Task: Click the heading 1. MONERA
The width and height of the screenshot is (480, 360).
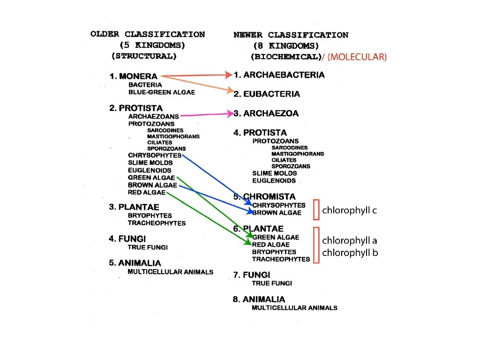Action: tap(134, 76)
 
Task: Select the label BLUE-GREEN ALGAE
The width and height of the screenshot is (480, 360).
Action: tap(162, 92)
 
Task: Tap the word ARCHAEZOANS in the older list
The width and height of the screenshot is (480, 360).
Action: tap(153, 116)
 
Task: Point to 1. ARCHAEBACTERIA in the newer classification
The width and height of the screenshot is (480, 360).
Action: tap(279, 75)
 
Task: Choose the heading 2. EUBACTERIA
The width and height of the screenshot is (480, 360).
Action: tap(267, 94)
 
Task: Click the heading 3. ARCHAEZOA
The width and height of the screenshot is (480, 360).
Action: tap(266, 113)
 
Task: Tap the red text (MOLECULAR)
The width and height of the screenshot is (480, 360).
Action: tap(357, 57)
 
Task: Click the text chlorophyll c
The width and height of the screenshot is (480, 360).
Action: tap(349, 210)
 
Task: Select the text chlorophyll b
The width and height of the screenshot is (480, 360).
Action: tap(350, 253)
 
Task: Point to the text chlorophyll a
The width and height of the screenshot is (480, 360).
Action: tap(350, 240)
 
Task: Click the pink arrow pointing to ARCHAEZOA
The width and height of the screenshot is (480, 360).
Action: tap(206, 114)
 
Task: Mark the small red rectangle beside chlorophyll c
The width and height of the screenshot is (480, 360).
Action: tap(316, 209)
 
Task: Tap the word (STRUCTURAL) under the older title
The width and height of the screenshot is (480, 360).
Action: tap(144, 56)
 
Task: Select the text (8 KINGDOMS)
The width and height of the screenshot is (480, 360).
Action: tap(286, 46)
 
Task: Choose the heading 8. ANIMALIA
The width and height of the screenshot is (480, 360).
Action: tap(259, 299)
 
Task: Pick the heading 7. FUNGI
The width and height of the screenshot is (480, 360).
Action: tap(252, 275)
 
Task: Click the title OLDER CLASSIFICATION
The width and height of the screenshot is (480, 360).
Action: tap(148, 34)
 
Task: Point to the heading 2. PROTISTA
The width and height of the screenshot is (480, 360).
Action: tap(136, 108)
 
